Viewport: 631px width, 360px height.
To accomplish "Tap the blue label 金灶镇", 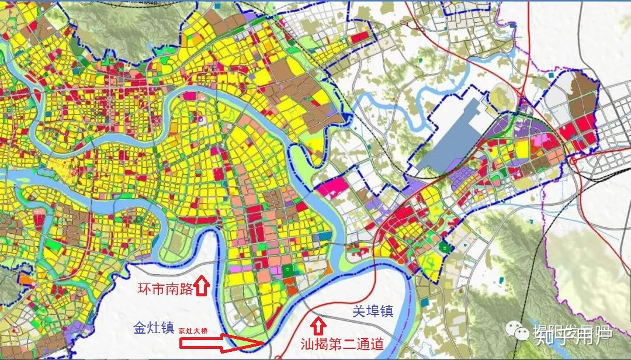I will coord(154,328).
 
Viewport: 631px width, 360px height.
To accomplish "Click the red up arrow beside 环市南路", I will coord(202,286).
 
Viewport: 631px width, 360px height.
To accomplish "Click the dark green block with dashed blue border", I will coord(447,247).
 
